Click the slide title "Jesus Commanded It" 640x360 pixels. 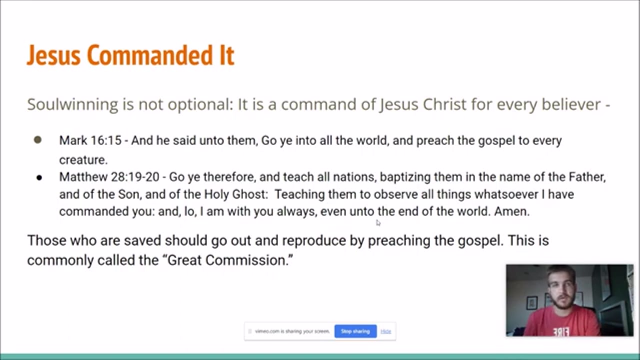(131, 55)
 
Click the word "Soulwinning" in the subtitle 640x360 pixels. (72, 104)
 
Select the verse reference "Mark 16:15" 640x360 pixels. (90, 140)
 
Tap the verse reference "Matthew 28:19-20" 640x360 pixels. (109, 177)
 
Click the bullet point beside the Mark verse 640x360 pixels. (38, 140)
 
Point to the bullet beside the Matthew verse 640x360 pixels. (39, 178)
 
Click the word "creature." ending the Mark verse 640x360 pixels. (83, 160)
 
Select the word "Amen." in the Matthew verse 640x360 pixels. (512, 211)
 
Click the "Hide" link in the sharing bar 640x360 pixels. (385, 331)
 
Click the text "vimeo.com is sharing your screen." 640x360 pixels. (292, 331)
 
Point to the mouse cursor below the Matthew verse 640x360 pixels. (378, 223)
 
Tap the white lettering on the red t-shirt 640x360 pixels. (561, 332)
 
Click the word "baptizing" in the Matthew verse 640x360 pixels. (405, 177)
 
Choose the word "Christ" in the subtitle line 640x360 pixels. (444, 104)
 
